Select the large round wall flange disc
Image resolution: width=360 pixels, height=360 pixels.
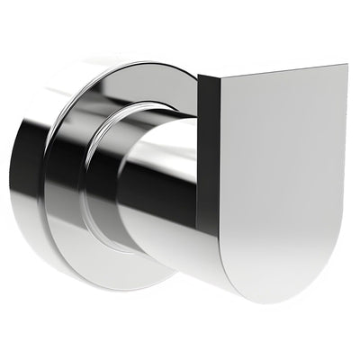click(x=72, y=180)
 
